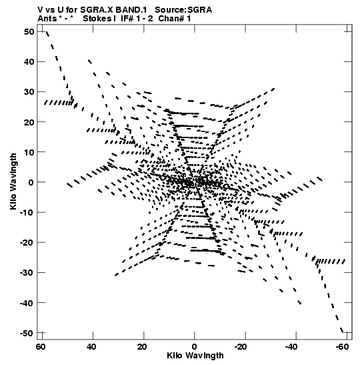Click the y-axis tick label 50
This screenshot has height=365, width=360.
click(29, 31)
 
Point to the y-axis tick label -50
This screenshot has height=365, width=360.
click(27, 333)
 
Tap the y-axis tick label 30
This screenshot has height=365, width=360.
click(29, 92)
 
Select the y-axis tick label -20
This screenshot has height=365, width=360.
click(27, 243)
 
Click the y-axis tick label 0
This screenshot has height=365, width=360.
click(31, 182)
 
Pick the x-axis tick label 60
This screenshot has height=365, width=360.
click(40, 347)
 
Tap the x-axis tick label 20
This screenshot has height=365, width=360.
click(141, 347)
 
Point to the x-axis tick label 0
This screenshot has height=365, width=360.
click(195, 347)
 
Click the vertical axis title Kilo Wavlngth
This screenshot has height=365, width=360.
click(13, 181)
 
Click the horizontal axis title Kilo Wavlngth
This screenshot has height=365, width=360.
click(195, 356)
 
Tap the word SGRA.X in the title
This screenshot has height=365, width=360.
click(97, 10)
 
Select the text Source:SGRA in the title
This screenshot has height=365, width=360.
click(183, 10)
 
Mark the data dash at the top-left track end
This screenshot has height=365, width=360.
click(47, 34)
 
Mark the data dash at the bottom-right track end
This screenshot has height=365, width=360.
click(342, 330)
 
